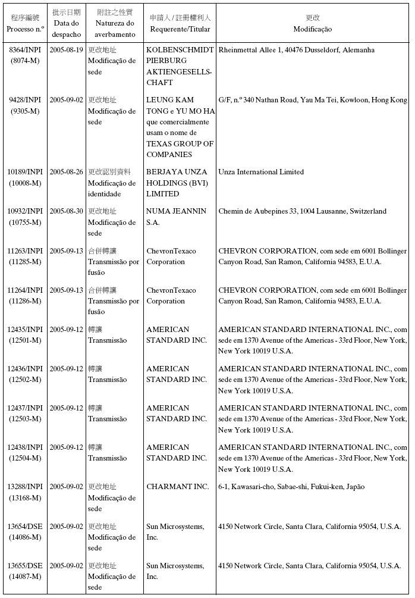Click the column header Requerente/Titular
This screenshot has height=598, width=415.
(180, 29)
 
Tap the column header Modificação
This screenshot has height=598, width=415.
(312, 29)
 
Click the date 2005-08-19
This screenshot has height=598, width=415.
(66, 50)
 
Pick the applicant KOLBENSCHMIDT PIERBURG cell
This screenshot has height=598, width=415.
(180, 66)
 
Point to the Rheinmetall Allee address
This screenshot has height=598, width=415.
(296, 50)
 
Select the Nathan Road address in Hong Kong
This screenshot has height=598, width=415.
(312, 100)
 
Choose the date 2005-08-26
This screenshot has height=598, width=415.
(66, 172)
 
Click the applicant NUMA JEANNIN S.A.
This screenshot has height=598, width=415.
(176, 217)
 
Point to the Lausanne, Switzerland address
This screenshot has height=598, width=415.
(302, 211)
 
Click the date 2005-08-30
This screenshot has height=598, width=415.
(66, 211)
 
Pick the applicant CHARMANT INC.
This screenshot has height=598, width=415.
(177, 487)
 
